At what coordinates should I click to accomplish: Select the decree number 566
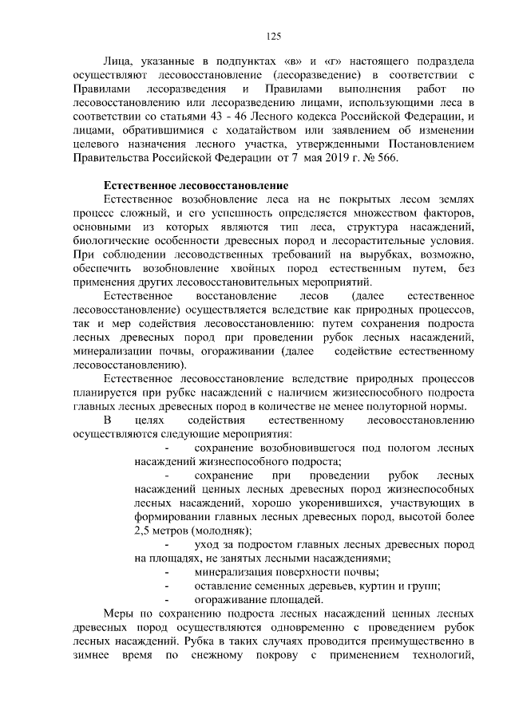coord(382,157)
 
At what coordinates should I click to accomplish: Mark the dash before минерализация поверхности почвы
coord(166,572)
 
